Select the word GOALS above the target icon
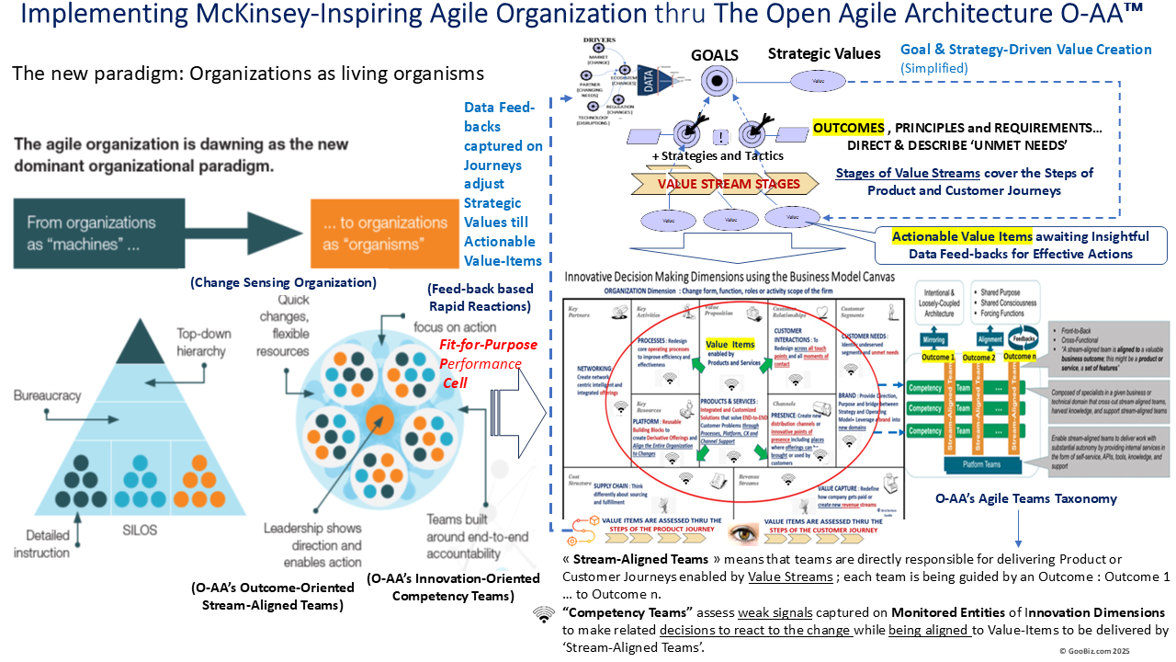[714, 54]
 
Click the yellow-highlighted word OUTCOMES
[848, 128]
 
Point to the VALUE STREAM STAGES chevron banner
[728, 184]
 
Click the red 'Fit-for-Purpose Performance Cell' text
[478, 364]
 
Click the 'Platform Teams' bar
[981, 465]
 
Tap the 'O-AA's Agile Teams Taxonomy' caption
[1025, 498]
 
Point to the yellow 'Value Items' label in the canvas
[729, 344]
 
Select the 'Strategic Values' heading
[824, 54]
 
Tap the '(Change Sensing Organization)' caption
[284, 283]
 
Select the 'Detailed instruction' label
[41, 545]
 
